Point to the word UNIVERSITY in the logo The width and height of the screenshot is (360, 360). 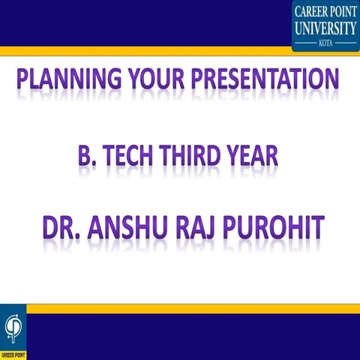325,28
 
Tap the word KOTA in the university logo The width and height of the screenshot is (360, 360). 325,43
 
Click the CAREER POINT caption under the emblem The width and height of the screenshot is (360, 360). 13,353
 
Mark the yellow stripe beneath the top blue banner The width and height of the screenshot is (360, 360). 150,51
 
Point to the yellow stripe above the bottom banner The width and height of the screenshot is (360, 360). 187,308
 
